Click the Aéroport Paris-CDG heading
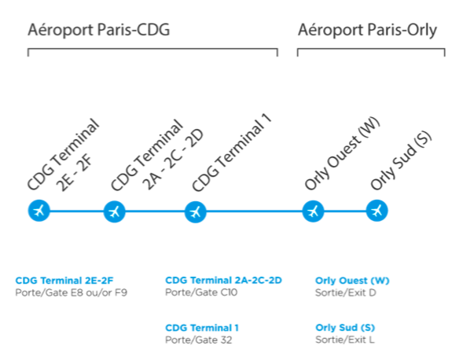(x=98, y=30)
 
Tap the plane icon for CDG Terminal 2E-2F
(x=39, y=211)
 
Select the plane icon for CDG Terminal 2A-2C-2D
(x=114, y=211)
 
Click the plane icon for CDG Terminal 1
(x=196, y=212)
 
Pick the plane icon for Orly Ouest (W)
(x=314, y=211)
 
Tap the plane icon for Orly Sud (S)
(x=377, y=211)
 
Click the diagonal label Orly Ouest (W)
(x=343, y=153)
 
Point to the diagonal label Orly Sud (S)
(x=401, y=161)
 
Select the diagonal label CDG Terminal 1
(x=232, y=152)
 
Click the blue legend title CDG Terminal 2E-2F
(x=64, y=281)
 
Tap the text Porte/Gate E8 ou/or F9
(x=72, y=292)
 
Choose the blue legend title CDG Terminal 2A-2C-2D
(x=224, y=281)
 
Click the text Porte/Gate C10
(x=201, y=292)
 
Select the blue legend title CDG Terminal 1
(x=202, y=328)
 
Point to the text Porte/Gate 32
(x=199, y=340)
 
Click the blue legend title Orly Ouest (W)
(x=352, y=281)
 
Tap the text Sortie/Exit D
(x=346, y=292)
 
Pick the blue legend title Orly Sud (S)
(x=345, y=328)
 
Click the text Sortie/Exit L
(x=345, y=340)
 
